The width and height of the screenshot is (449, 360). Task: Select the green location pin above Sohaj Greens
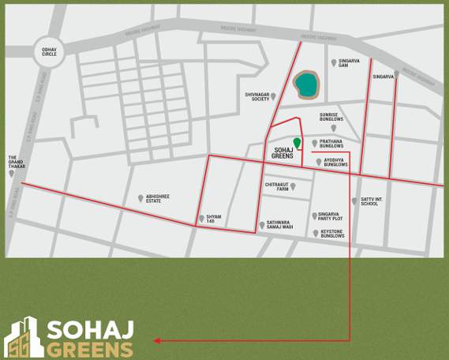coord(297,143)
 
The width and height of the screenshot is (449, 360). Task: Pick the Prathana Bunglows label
coord(331,144)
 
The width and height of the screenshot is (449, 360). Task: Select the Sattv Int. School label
coord(370,201)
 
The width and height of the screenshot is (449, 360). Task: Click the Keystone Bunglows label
coord(332,234)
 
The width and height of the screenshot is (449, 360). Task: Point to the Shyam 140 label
coord(213,219)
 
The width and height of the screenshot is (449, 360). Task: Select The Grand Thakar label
coord(17,162)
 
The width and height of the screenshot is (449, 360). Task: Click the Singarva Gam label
coord(349,63)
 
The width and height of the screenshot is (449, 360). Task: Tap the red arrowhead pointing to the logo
coord(158,341)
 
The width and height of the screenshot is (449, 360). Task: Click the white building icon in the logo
coord(23,338)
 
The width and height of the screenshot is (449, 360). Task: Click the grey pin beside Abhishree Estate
coord(140,198)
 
